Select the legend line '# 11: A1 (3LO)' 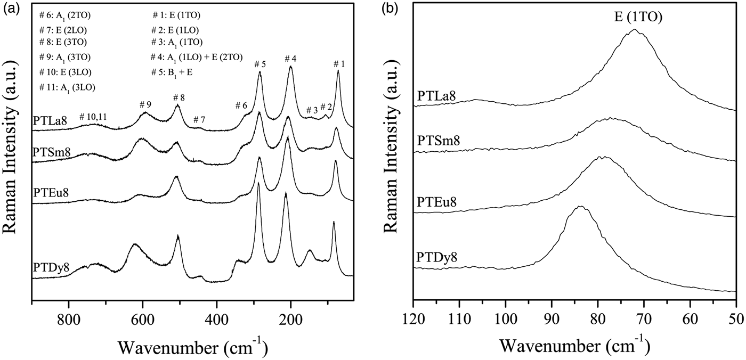pos(68,87)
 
